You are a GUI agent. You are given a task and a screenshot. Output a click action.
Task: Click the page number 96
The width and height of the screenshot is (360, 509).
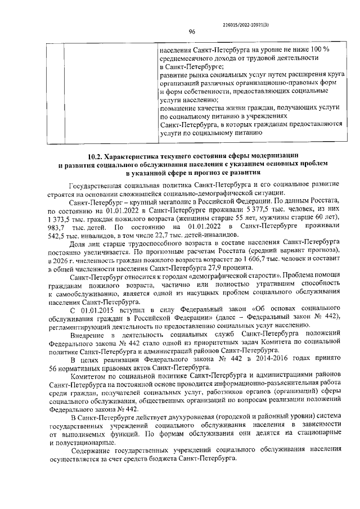click(x=191, y=32)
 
